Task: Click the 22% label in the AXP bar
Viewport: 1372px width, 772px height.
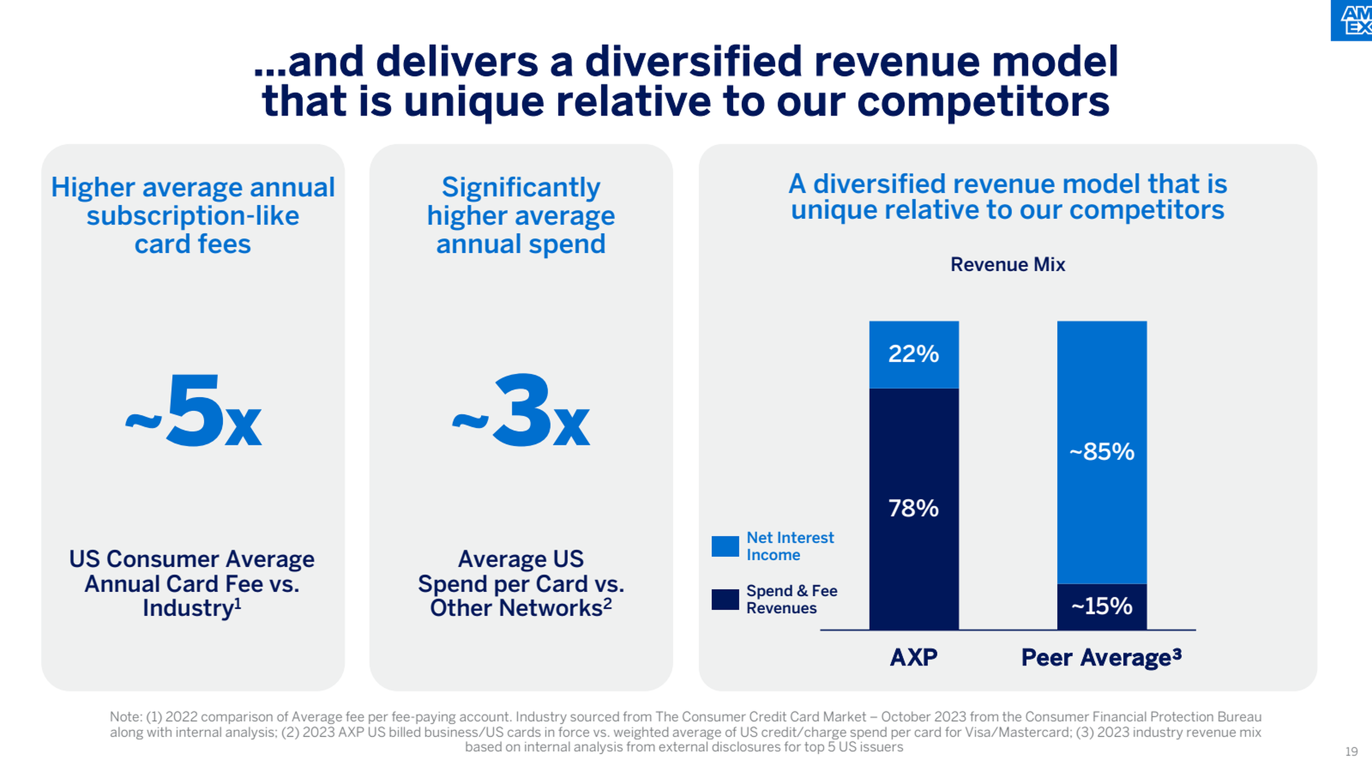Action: click(x=914, y=354)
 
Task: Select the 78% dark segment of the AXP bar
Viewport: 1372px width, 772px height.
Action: click(x=914, y=508)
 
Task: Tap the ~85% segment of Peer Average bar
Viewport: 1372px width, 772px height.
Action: click(x=1102, y=452)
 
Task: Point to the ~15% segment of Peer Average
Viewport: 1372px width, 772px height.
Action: click(x=1102, y=606)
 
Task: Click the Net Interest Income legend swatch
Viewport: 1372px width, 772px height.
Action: click(x=725, y=546)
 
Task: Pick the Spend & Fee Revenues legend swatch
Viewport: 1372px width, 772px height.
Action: click(x=725, y=599)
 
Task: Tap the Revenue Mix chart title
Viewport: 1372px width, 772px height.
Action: click(x=1007, y=264)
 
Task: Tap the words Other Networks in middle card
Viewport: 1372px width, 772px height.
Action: click(x=516, y=608)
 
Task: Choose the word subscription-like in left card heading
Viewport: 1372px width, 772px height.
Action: click(x=193, y=216)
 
